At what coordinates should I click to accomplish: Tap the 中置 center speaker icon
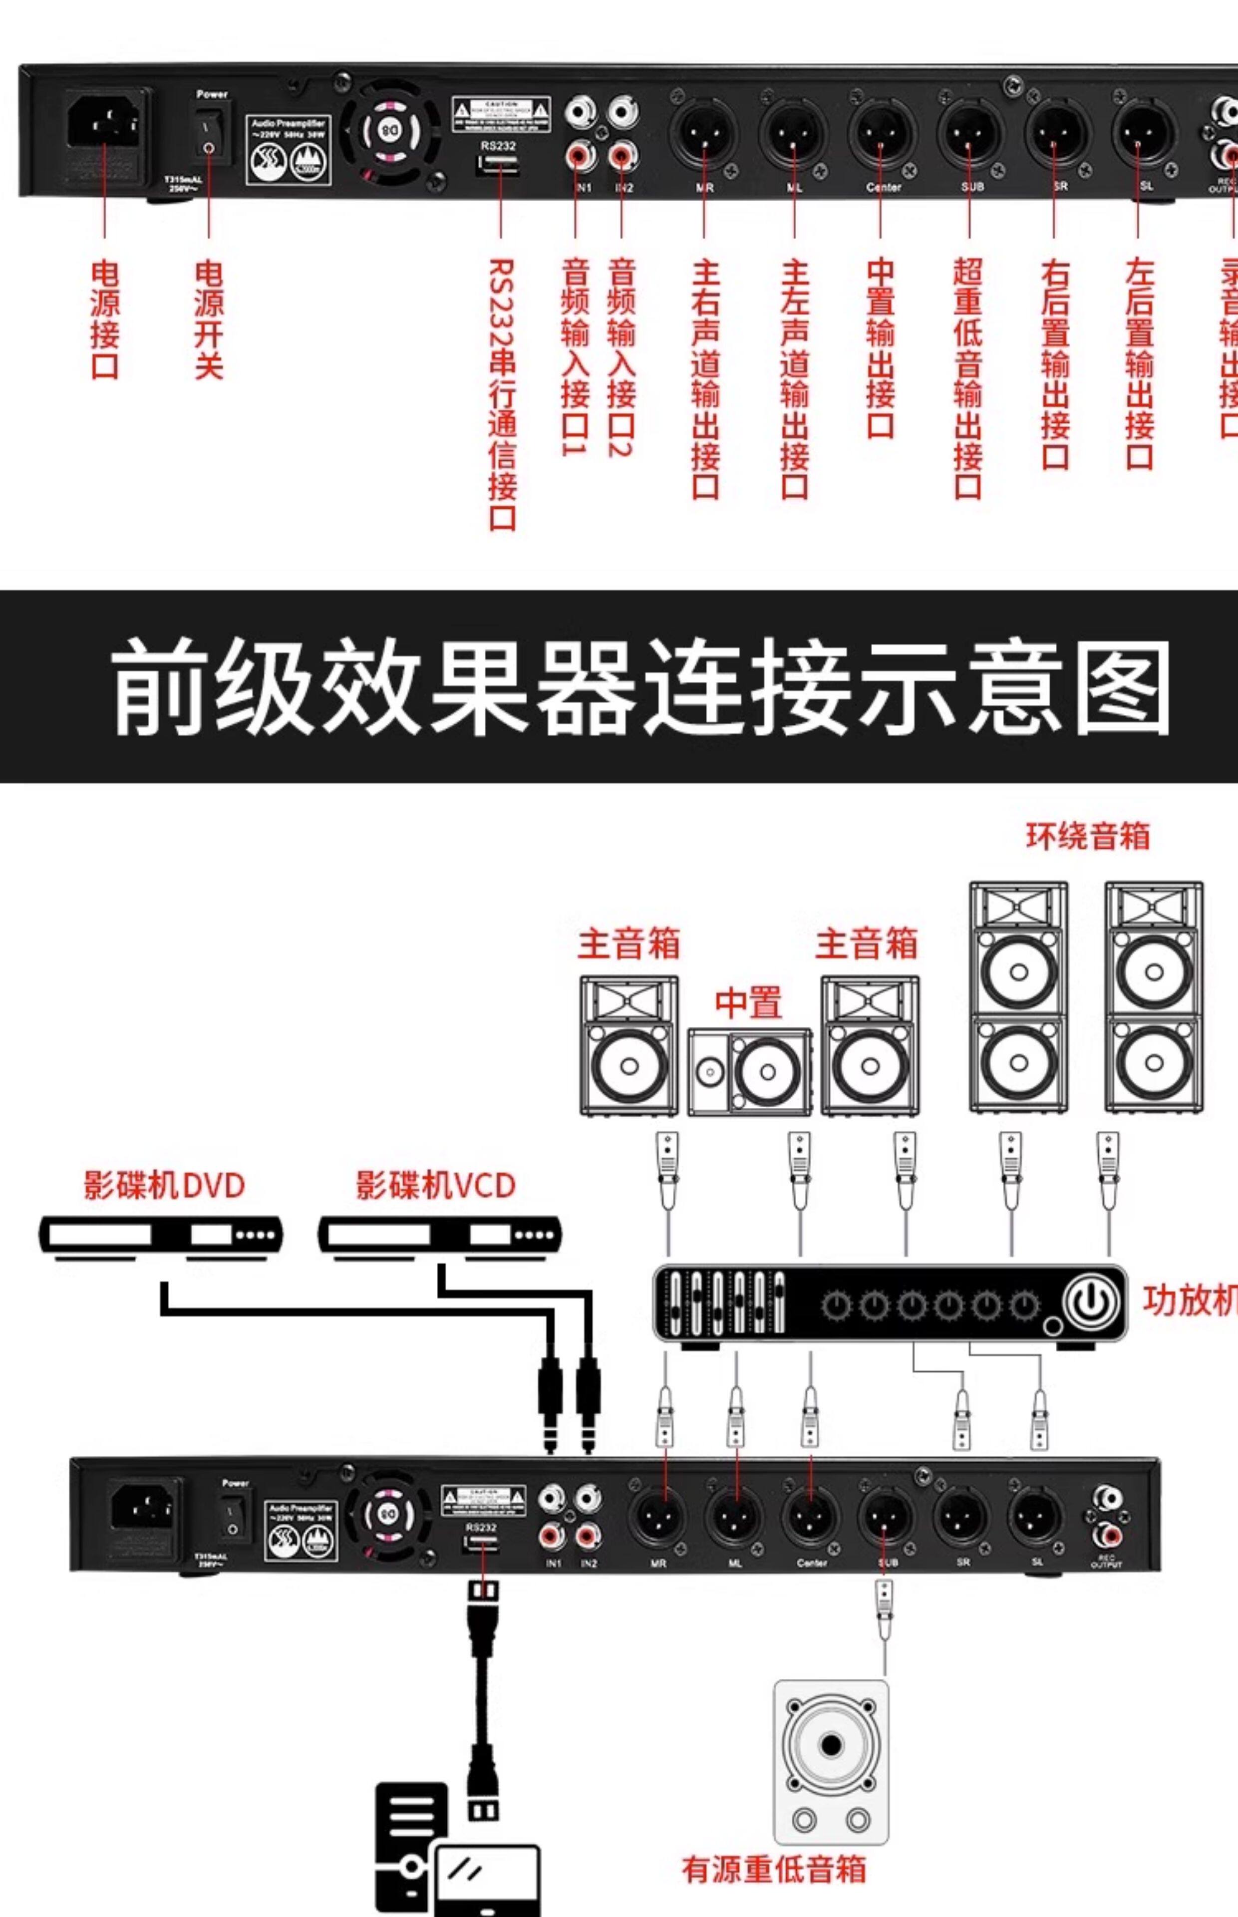point(749,1071)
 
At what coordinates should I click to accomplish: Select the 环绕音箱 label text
point(1087,836)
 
